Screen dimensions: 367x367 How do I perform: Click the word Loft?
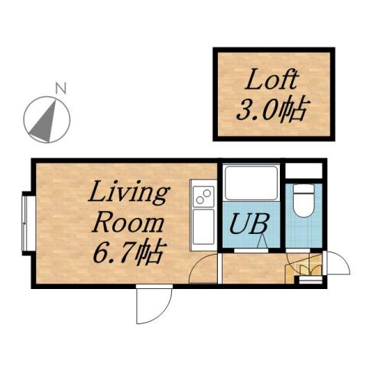[271, 80]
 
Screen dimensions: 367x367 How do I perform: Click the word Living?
[128, 193]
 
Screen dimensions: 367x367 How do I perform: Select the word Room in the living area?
[128, 223]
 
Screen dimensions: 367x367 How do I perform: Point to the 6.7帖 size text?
[128, 252]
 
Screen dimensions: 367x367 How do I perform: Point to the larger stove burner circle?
[204, 198]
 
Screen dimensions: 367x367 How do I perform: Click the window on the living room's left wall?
[25, 222]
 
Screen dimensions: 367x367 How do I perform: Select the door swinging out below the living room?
[153, 305]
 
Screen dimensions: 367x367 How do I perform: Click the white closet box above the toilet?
[304, 169]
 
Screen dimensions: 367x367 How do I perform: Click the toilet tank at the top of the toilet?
[304, 190]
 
